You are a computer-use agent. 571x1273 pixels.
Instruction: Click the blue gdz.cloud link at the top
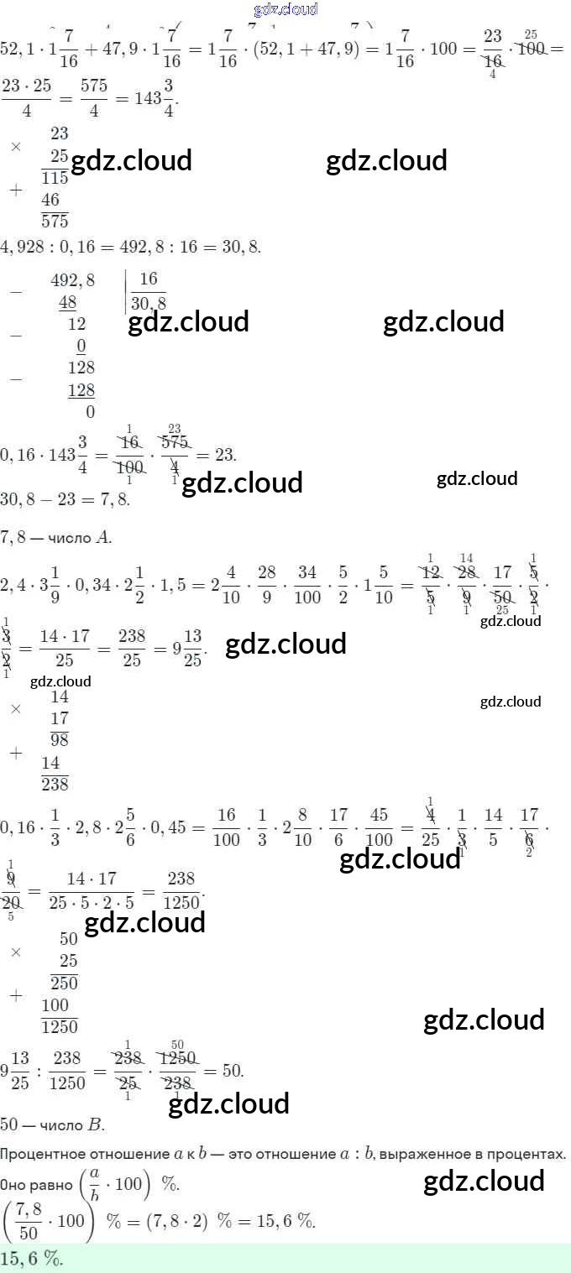(285, 9)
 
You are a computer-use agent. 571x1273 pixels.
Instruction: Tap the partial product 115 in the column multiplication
(55, 178)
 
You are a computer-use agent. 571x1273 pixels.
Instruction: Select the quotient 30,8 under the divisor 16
(149, 303)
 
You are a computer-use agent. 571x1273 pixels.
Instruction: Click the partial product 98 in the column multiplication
(59, 739)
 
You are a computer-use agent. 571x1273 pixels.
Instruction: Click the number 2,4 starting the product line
(14, 581)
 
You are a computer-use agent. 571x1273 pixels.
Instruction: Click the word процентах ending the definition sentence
(533, 1154)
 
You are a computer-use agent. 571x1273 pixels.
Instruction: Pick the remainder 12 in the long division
(76, 324)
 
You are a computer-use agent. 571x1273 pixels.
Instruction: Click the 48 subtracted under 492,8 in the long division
(67, 302)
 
